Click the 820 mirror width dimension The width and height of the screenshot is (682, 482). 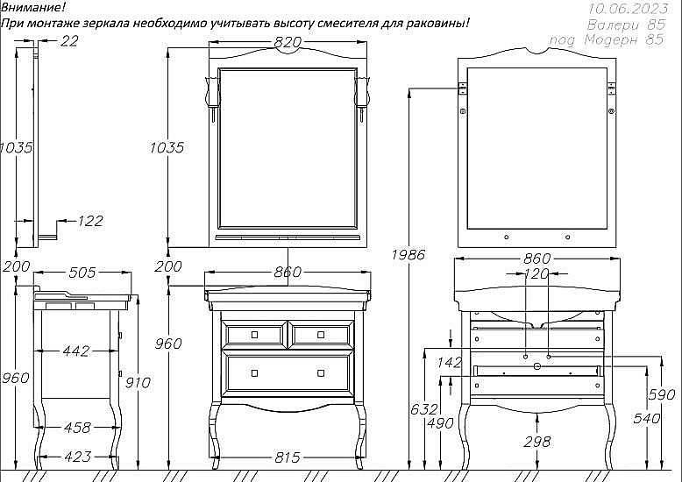click(288, 42)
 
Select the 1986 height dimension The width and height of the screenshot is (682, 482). click(408, 254)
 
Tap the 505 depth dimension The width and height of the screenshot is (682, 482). click(82, 273)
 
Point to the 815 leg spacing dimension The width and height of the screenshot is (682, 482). click(288, 457)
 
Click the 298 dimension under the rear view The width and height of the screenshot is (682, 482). click(537, 442)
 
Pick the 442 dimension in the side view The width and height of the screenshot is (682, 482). click(76, 351)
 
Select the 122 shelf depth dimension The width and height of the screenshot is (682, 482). click(90, 221)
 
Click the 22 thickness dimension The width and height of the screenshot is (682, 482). click(69, 41)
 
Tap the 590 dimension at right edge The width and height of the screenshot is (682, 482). click(662, 394)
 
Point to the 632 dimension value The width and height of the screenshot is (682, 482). click(424, 409)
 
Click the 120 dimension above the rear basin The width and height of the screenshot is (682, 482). click(536, 273)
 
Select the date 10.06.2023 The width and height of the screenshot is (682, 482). click(628, 9)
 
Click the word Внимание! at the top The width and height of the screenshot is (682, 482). click(33, 7)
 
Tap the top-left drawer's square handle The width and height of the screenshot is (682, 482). click(254, 335)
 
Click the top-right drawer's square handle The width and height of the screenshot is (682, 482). click(321, 335)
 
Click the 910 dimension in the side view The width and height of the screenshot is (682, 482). click(138, 383)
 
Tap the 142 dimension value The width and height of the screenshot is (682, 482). click(450, 362)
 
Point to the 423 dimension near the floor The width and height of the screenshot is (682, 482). click(78, 457)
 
